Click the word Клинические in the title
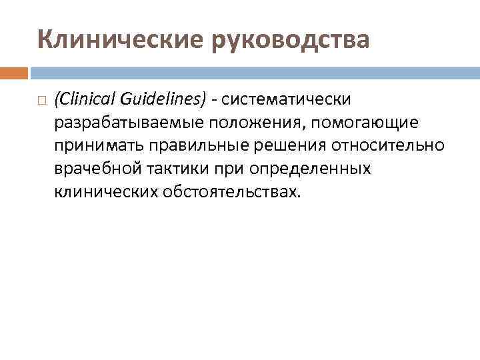coord(122,40)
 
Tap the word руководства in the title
coord(291,40)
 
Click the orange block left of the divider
coord(13,73)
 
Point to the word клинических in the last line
coord(105,193)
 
